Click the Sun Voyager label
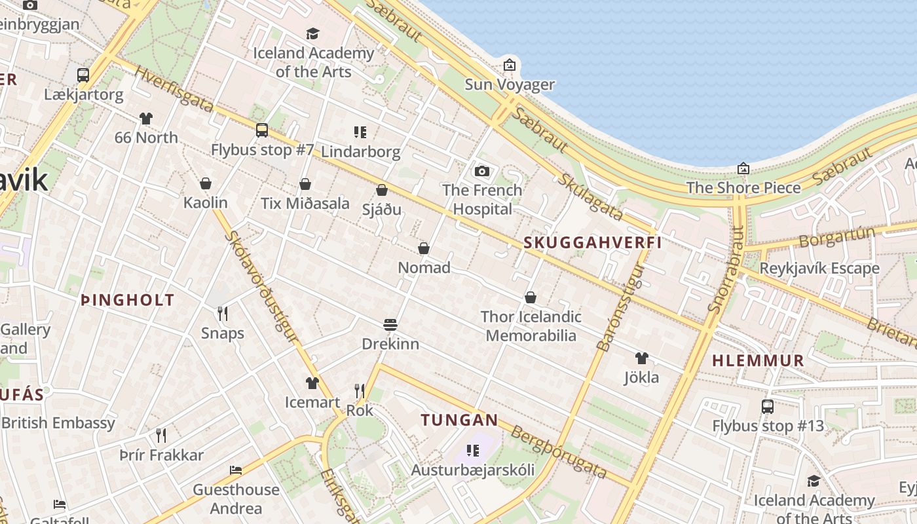coord(510,84)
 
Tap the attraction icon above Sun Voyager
coord(510,65)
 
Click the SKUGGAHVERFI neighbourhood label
coord(592,243)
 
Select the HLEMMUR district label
coord(758,360)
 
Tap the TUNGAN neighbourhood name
coord(459,420)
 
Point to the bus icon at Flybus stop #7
coord(262,130)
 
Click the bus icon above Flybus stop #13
coord(768,407)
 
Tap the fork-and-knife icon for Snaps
coord(223,314)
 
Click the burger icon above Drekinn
coord(390,325)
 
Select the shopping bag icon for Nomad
coord(424,249)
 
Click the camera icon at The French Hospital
coord(482,172)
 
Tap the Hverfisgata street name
coord(174,89)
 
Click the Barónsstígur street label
coord(622,307)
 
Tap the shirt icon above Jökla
coord(641,358)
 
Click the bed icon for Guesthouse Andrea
coord(236,470)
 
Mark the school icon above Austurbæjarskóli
coord(473,451)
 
